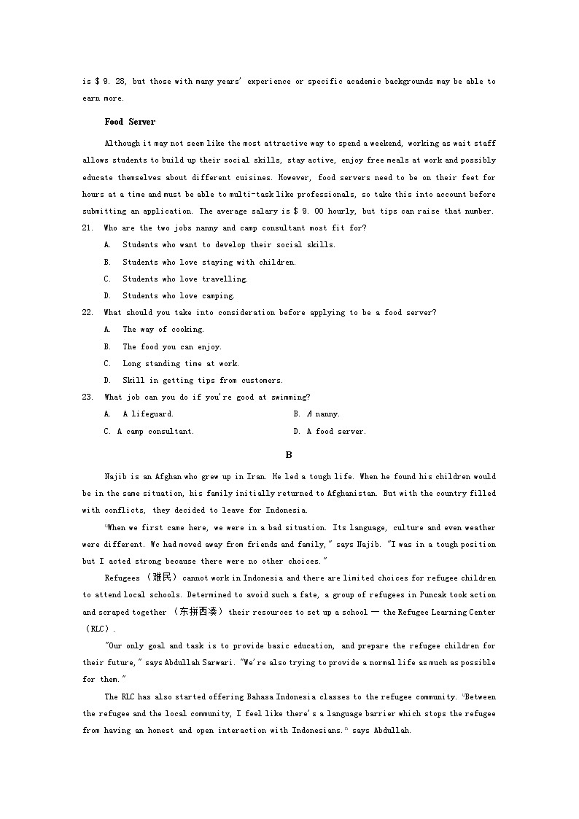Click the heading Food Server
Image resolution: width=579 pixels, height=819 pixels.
[x=130, y=122]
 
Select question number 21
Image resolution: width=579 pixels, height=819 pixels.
[x=88, y=228]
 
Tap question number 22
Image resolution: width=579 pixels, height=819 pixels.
[x=88, y=313]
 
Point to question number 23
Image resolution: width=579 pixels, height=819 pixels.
[x=88, y=397]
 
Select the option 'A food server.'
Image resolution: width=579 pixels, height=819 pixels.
[x=336, y=432]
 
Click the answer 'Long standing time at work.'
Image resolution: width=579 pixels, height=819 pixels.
[x=181, y=364]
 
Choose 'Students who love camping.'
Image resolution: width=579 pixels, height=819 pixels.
[x=179, y=296]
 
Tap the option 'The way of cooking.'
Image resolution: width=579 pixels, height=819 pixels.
[x=163, y=330]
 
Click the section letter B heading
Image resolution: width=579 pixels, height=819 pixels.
[x=289, y=455]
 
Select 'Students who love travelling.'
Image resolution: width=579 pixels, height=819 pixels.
[x=185, y=279]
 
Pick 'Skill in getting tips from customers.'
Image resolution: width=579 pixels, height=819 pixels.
[x=203, y=381]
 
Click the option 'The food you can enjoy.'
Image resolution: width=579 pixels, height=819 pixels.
[x=172, y=347]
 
